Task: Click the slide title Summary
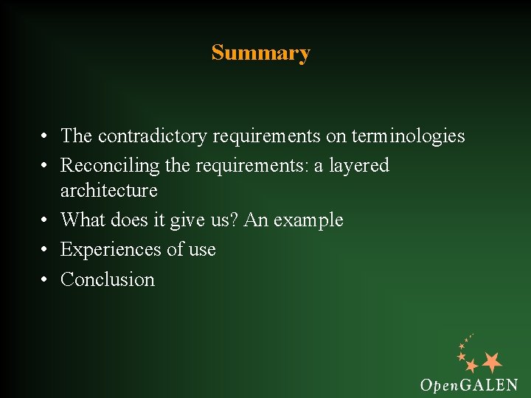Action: point(260,53)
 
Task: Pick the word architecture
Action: point(108,190)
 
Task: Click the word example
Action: point(310,220)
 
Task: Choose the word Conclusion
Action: point(108,279)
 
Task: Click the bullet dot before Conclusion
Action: point(45,280)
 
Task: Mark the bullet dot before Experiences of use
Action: point(45,251)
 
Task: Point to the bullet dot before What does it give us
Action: point(45,220)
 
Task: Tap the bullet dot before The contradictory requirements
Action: point(45,137)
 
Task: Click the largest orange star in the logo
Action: point(492,361)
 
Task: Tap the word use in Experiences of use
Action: point(201,251)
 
